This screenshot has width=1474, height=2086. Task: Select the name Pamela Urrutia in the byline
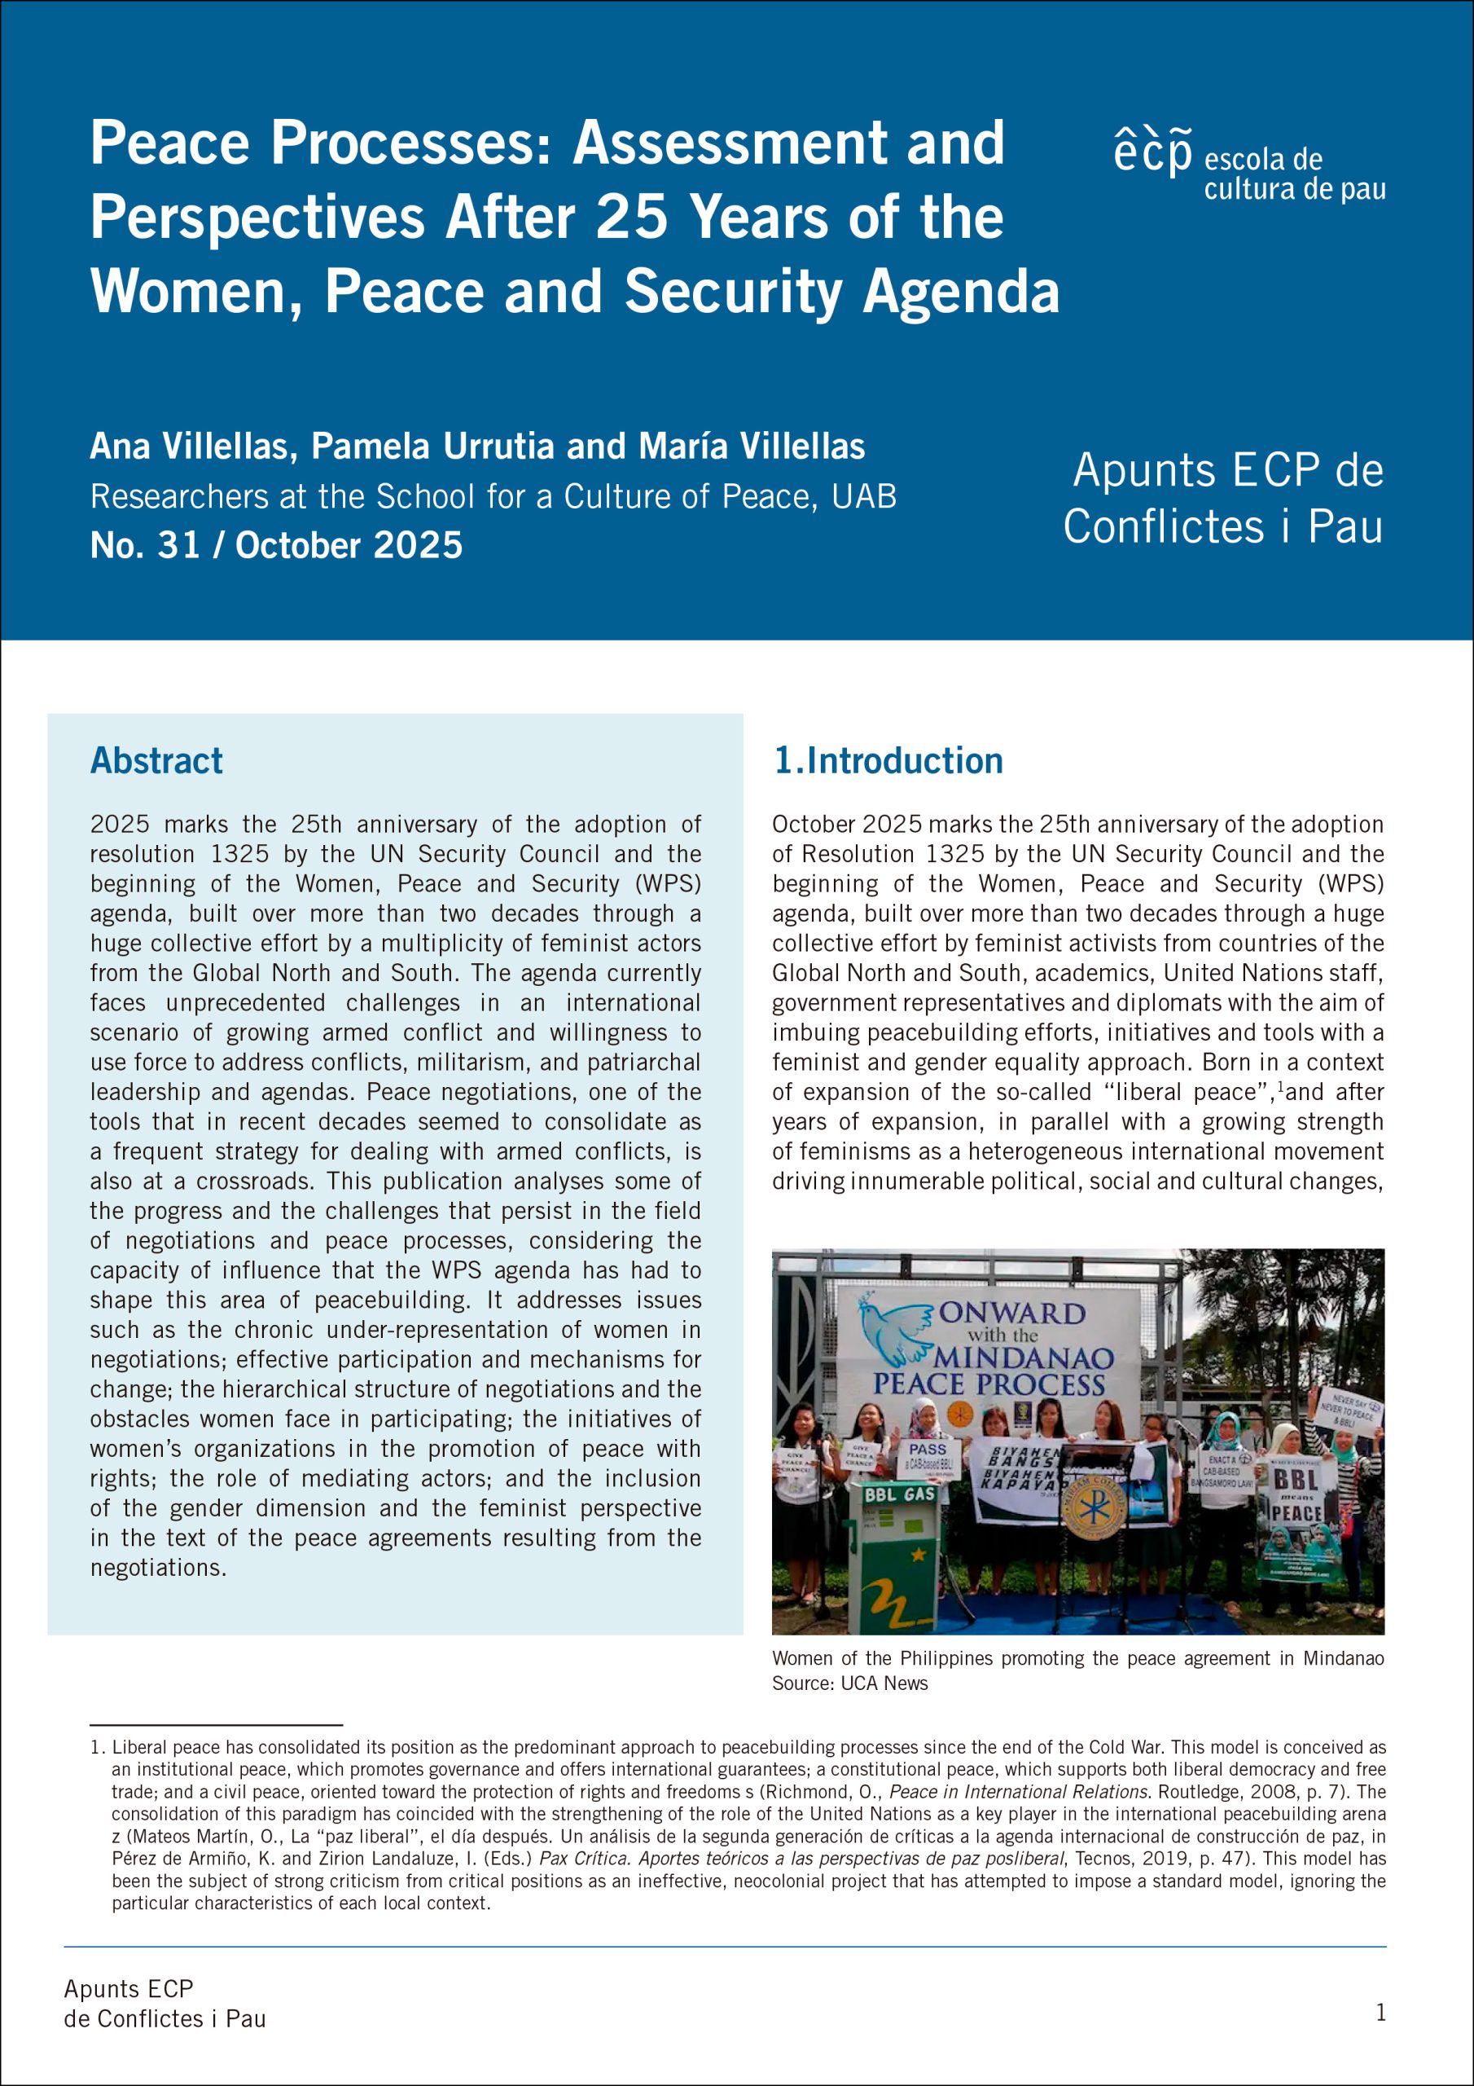click(x=432, y=446)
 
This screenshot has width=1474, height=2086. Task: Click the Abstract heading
click(x=156, y=760)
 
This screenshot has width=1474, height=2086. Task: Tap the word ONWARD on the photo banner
click(x=1011, y=1313)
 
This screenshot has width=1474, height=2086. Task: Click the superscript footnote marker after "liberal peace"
click(x=1279, y=1087)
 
